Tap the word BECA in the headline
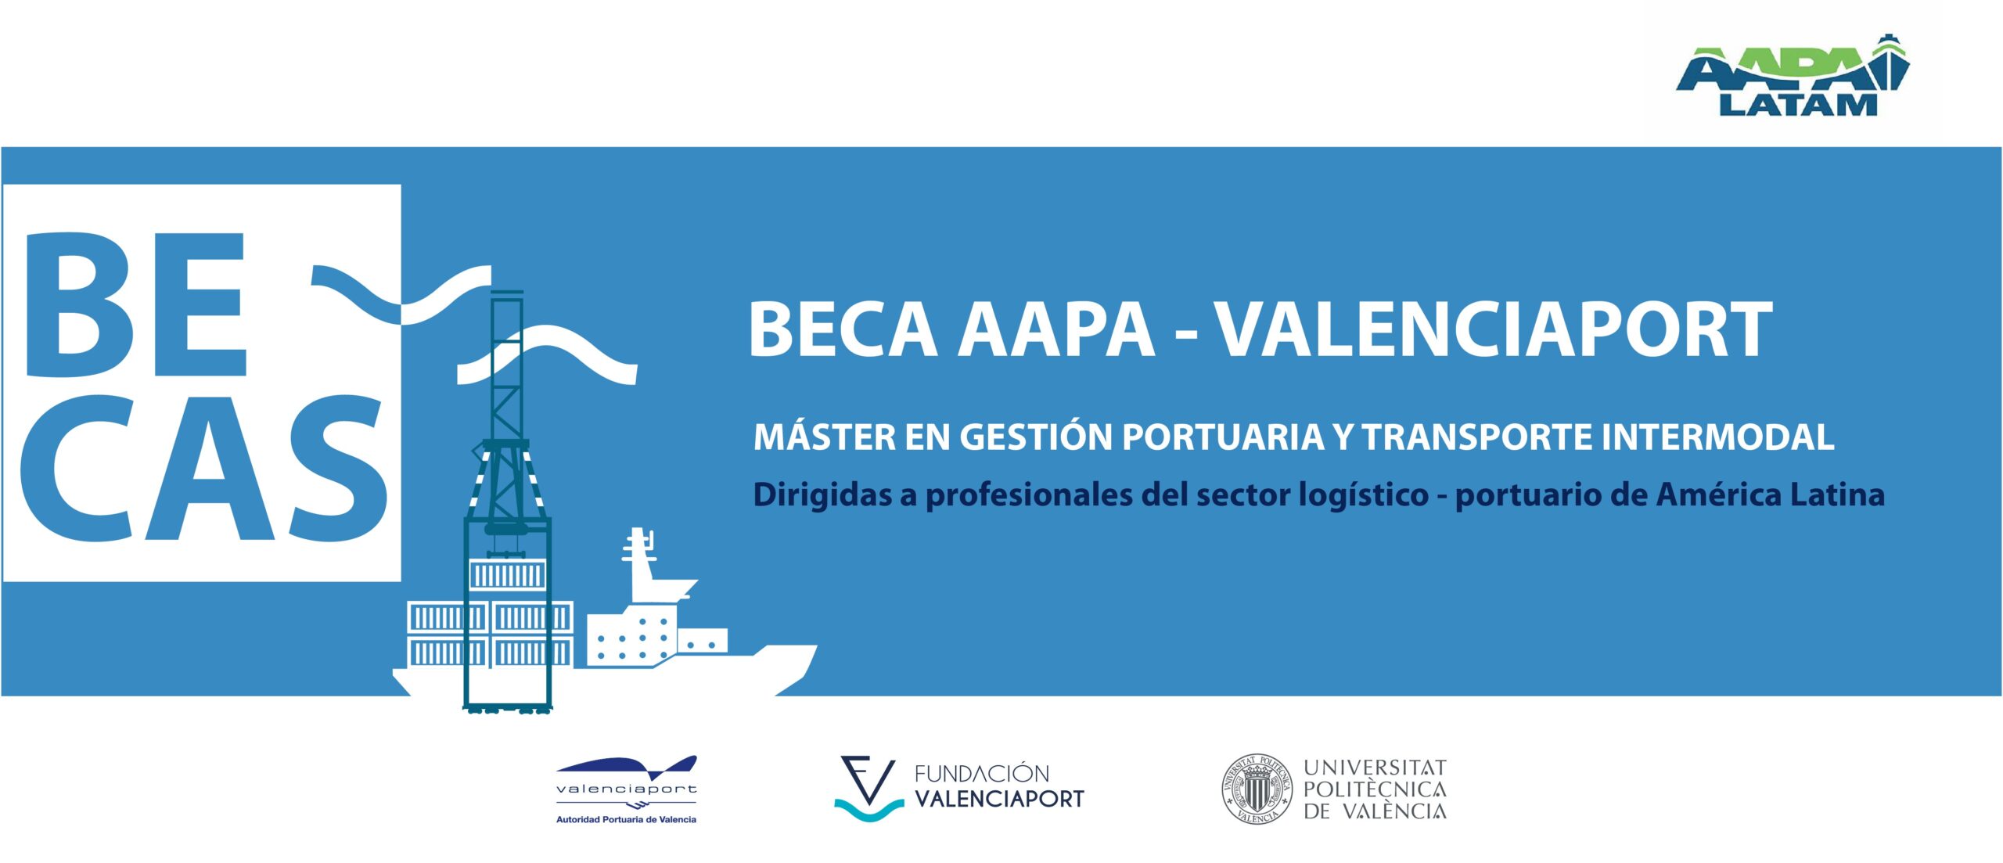pyautogui.click(x=843, y=329)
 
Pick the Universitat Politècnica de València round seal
pyautogui.click(x=1257, y=789)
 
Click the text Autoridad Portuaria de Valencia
pyautogui.click(x=626, y=819)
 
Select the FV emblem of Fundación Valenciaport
pyautogui.click(x=868, y=789)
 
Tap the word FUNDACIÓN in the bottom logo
pyautogui.click(x=981, y=774)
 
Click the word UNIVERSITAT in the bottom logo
pyautogui.click(x=1375, y=768)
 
